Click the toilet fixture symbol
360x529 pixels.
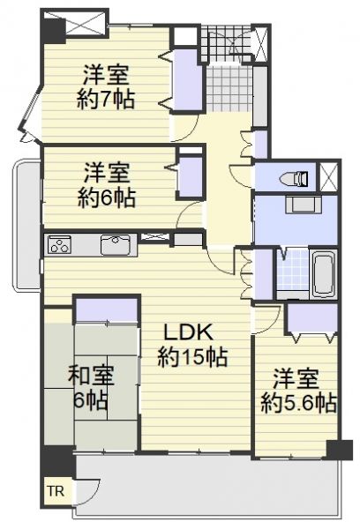click(295, 178)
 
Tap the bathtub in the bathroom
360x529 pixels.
click(324, 273)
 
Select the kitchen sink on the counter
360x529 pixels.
click(116, 244)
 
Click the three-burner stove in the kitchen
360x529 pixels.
click(59, 244)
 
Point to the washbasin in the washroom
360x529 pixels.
click(303, 205)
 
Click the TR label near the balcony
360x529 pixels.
click(56, 491)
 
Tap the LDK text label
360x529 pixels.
click(189, 332)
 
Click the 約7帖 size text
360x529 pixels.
click(105, 99)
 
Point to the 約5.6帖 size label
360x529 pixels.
click(299, 403)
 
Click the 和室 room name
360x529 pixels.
click(91, 376)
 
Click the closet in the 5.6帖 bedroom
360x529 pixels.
click(312, 317)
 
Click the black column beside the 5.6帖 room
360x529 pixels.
click(340, 450)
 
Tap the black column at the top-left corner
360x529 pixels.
click(53, 31)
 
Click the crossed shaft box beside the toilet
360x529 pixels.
click(328, 177)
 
